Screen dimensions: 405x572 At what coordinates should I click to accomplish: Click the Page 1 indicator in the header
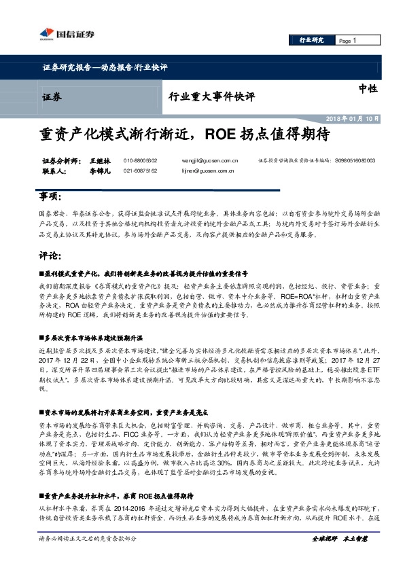347,41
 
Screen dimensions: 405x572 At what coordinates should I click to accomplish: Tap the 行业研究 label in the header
312,41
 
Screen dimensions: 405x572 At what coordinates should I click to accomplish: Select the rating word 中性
368,88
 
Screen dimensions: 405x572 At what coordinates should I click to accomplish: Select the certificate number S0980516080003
355,160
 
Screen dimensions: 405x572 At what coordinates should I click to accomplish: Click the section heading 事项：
48,197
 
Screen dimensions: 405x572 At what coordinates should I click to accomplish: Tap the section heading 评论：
48,256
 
